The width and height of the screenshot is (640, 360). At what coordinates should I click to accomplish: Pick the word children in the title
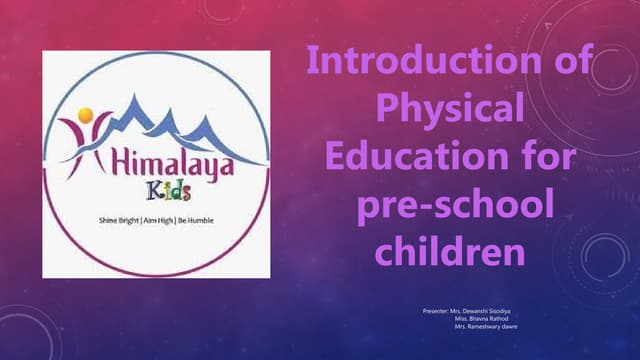[x=449, y=249]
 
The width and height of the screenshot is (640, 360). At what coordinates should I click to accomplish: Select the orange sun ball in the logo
[x=86, y=114]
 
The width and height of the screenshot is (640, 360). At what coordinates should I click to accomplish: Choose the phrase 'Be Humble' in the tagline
[x=195, y=219]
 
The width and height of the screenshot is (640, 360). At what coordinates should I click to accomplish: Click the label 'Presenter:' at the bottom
[x=438, y=313]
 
